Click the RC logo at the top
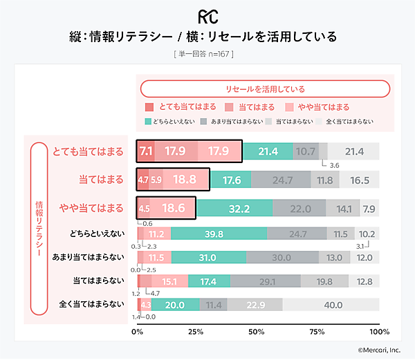point(207,16)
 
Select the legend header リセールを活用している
point(266,89)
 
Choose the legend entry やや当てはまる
point(323,107)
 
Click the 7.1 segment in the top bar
point(146,151)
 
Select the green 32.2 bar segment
point(235,208)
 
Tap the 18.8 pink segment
point(184,180)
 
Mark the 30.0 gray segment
point(281,258)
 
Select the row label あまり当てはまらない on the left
point(92,257)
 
